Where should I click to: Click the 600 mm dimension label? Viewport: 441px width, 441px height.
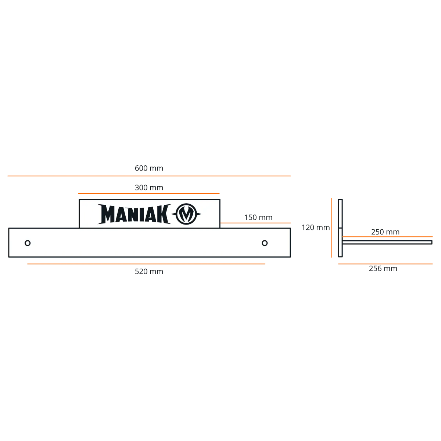149,168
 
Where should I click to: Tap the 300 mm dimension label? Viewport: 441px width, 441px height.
149,188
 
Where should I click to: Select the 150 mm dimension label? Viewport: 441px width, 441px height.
258,218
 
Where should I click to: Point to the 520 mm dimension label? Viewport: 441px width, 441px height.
149,272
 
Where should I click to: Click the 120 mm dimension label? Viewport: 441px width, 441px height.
316,227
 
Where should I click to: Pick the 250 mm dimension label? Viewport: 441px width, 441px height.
385,232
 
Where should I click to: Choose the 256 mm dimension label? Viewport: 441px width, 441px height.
383,268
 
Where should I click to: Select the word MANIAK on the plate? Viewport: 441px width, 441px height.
135,214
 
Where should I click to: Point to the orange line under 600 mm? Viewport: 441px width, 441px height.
149,176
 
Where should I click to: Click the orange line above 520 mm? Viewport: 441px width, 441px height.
146,264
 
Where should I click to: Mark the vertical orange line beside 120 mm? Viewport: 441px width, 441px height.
331,228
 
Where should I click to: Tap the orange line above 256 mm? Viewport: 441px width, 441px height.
386,264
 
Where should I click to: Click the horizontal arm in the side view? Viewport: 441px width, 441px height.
387,242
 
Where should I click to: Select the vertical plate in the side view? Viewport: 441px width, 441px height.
340,228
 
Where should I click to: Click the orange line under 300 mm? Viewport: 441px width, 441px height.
149,193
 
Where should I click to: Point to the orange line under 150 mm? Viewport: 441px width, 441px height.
255,223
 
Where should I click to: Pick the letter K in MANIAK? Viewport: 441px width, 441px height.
164,214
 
